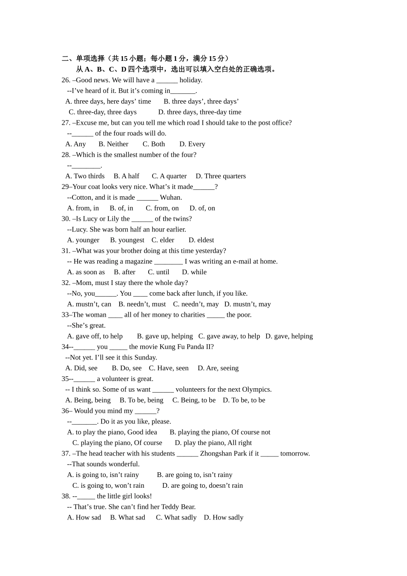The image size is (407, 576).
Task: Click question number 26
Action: (66, 80)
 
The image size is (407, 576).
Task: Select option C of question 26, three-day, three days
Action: (103, 112)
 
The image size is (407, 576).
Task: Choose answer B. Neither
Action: (113, 144)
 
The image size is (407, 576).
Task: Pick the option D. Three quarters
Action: (221, 176)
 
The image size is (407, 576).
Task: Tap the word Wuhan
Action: (171, 198)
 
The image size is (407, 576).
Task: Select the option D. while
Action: (194, 272)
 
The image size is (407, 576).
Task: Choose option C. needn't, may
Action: (196, 304)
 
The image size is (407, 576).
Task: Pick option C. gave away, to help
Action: (229, 336)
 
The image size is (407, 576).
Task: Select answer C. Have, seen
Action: (169, 368)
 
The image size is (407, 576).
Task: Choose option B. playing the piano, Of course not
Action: (220, 432)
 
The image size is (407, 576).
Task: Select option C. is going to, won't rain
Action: (108, 486)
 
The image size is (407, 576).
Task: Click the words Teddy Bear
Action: (178, 507)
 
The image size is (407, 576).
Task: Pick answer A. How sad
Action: (84, 518)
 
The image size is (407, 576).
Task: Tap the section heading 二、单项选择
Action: (83, 59)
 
